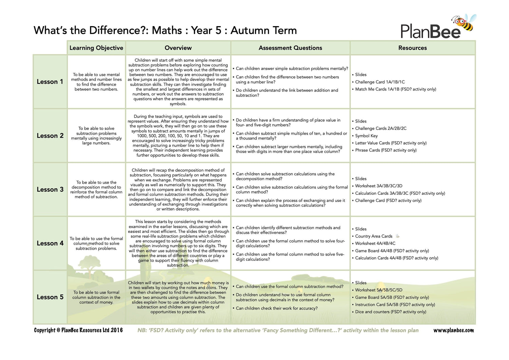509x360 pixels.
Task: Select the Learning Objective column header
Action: [x=96, y=48]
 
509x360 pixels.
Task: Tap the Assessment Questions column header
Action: [x=290, y=48]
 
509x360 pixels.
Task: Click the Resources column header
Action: [x=412, y=48]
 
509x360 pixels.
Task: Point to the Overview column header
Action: [x=178, y=48]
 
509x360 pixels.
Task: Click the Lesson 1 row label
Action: [x=50, y=82]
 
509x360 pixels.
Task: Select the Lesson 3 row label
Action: [x=50, y=190]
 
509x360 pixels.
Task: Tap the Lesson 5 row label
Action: [x=50, y=297]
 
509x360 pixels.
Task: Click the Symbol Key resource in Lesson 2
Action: [x=366, y=136]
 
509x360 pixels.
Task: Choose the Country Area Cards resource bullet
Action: [x=374, y=236]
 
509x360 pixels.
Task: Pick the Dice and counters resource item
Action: [x=390, y=312]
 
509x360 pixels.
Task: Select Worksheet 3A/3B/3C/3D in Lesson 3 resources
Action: [x=378, y=186]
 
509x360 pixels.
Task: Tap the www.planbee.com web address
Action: [x=453, y=330]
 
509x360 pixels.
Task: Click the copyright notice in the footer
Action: [x=78, y=330]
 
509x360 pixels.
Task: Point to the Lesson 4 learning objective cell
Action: [x=96, y=244]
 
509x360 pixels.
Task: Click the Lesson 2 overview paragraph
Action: [x=178, y=136]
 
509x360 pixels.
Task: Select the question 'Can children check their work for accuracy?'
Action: [x=277, y=308]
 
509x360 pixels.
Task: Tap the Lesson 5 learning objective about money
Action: [x=96, y=297]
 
